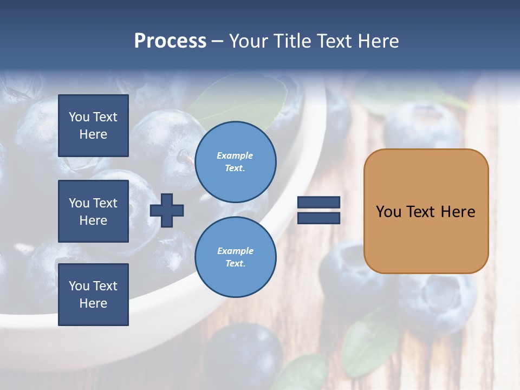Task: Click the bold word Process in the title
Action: [x=170, y=41]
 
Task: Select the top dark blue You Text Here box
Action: [x=93, y=126]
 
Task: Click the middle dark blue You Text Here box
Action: [x=93, y=211]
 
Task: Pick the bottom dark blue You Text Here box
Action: [x=93, y=295]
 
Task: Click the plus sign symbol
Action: [x=167, y=210]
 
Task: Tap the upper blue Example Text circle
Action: [x=235, y=162]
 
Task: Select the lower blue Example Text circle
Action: [x=235, y=257]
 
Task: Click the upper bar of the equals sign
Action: [x=318, y=202]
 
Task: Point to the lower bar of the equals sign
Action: [x=318, y=218]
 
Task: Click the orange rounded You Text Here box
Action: [x=426, y=238]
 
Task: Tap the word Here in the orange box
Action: [x=458, y=212]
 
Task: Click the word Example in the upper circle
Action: [x=235, y=155]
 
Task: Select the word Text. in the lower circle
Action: [x=235, y=264]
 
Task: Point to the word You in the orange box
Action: [x=388, y=212]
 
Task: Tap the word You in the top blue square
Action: [x=79, y=117]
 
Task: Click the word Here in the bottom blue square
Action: [x=93, y=303]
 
